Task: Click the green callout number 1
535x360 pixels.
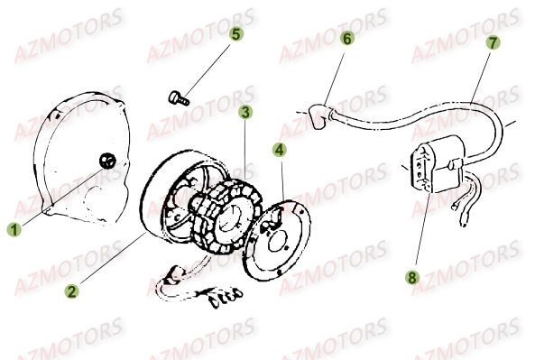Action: point(14,230)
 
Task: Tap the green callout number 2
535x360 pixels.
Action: point(70,291)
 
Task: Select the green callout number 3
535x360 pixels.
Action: point(245,113)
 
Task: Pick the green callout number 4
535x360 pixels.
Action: point(280,149)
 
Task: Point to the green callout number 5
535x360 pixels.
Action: point(235,34)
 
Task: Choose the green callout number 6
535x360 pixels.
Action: point(347,39)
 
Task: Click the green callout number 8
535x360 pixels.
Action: point(412,277)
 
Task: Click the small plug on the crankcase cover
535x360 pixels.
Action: point(108,162)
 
